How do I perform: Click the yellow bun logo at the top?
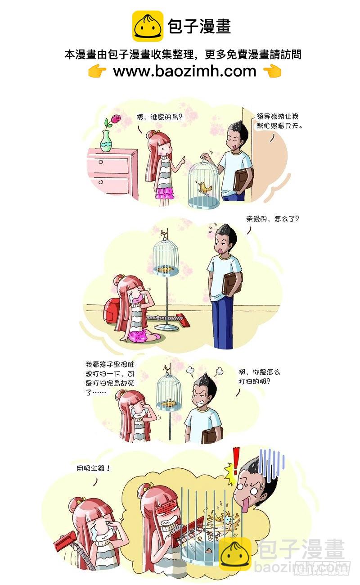tap(148, 26)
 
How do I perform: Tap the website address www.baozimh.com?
tap(184, 71)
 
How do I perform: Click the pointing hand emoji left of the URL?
tap(97, 71)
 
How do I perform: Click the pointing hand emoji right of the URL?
tap(273, 71)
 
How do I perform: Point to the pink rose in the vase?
tap(116, 118)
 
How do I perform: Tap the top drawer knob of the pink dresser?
tap(101, 162)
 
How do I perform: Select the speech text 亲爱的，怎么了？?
tap(273, 218)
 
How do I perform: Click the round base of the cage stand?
tap(166, 327)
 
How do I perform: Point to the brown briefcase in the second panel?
tap(232, 283)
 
